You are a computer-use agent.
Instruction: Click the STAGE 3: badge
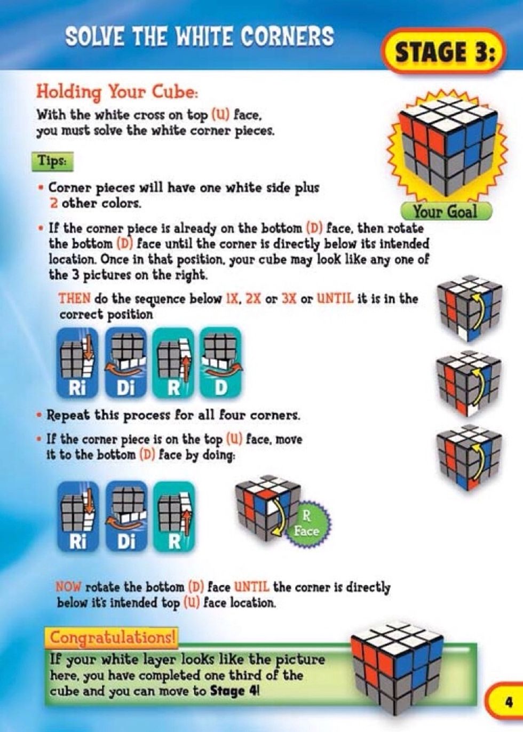point(444,52)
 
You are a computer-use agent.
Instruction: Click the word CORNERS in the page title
point(287,36)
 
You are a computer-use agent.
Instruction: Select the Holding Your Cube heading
point(117,91)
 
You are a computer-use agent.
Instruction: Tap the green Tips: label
point(52,161)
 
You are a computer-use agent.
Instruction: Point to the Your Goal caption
point(445,212)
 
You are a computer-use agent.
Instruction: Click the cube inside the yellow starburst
point(447,144)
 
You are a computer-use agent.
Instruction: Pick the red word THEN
point(74,298)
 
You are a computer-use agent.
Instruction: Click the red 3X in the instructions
point(288,298)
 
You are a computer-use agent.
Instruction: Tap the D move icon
point(220,362)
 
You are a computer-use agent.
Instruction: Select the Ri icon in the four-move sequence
point(77,362)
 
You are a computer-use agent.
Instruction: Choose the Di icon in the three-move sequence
point(126,516)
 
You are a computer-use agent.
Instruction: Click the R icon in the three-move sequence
point(174,516)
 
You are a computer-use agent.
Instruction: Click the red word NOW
point(68,587)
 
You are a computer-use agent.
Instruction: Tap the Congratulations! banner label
point(113,638)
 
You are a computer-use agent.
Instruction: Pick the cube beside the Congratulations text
point(398,666)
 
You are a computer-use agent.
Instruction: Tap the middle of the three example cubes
point(469,383)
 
